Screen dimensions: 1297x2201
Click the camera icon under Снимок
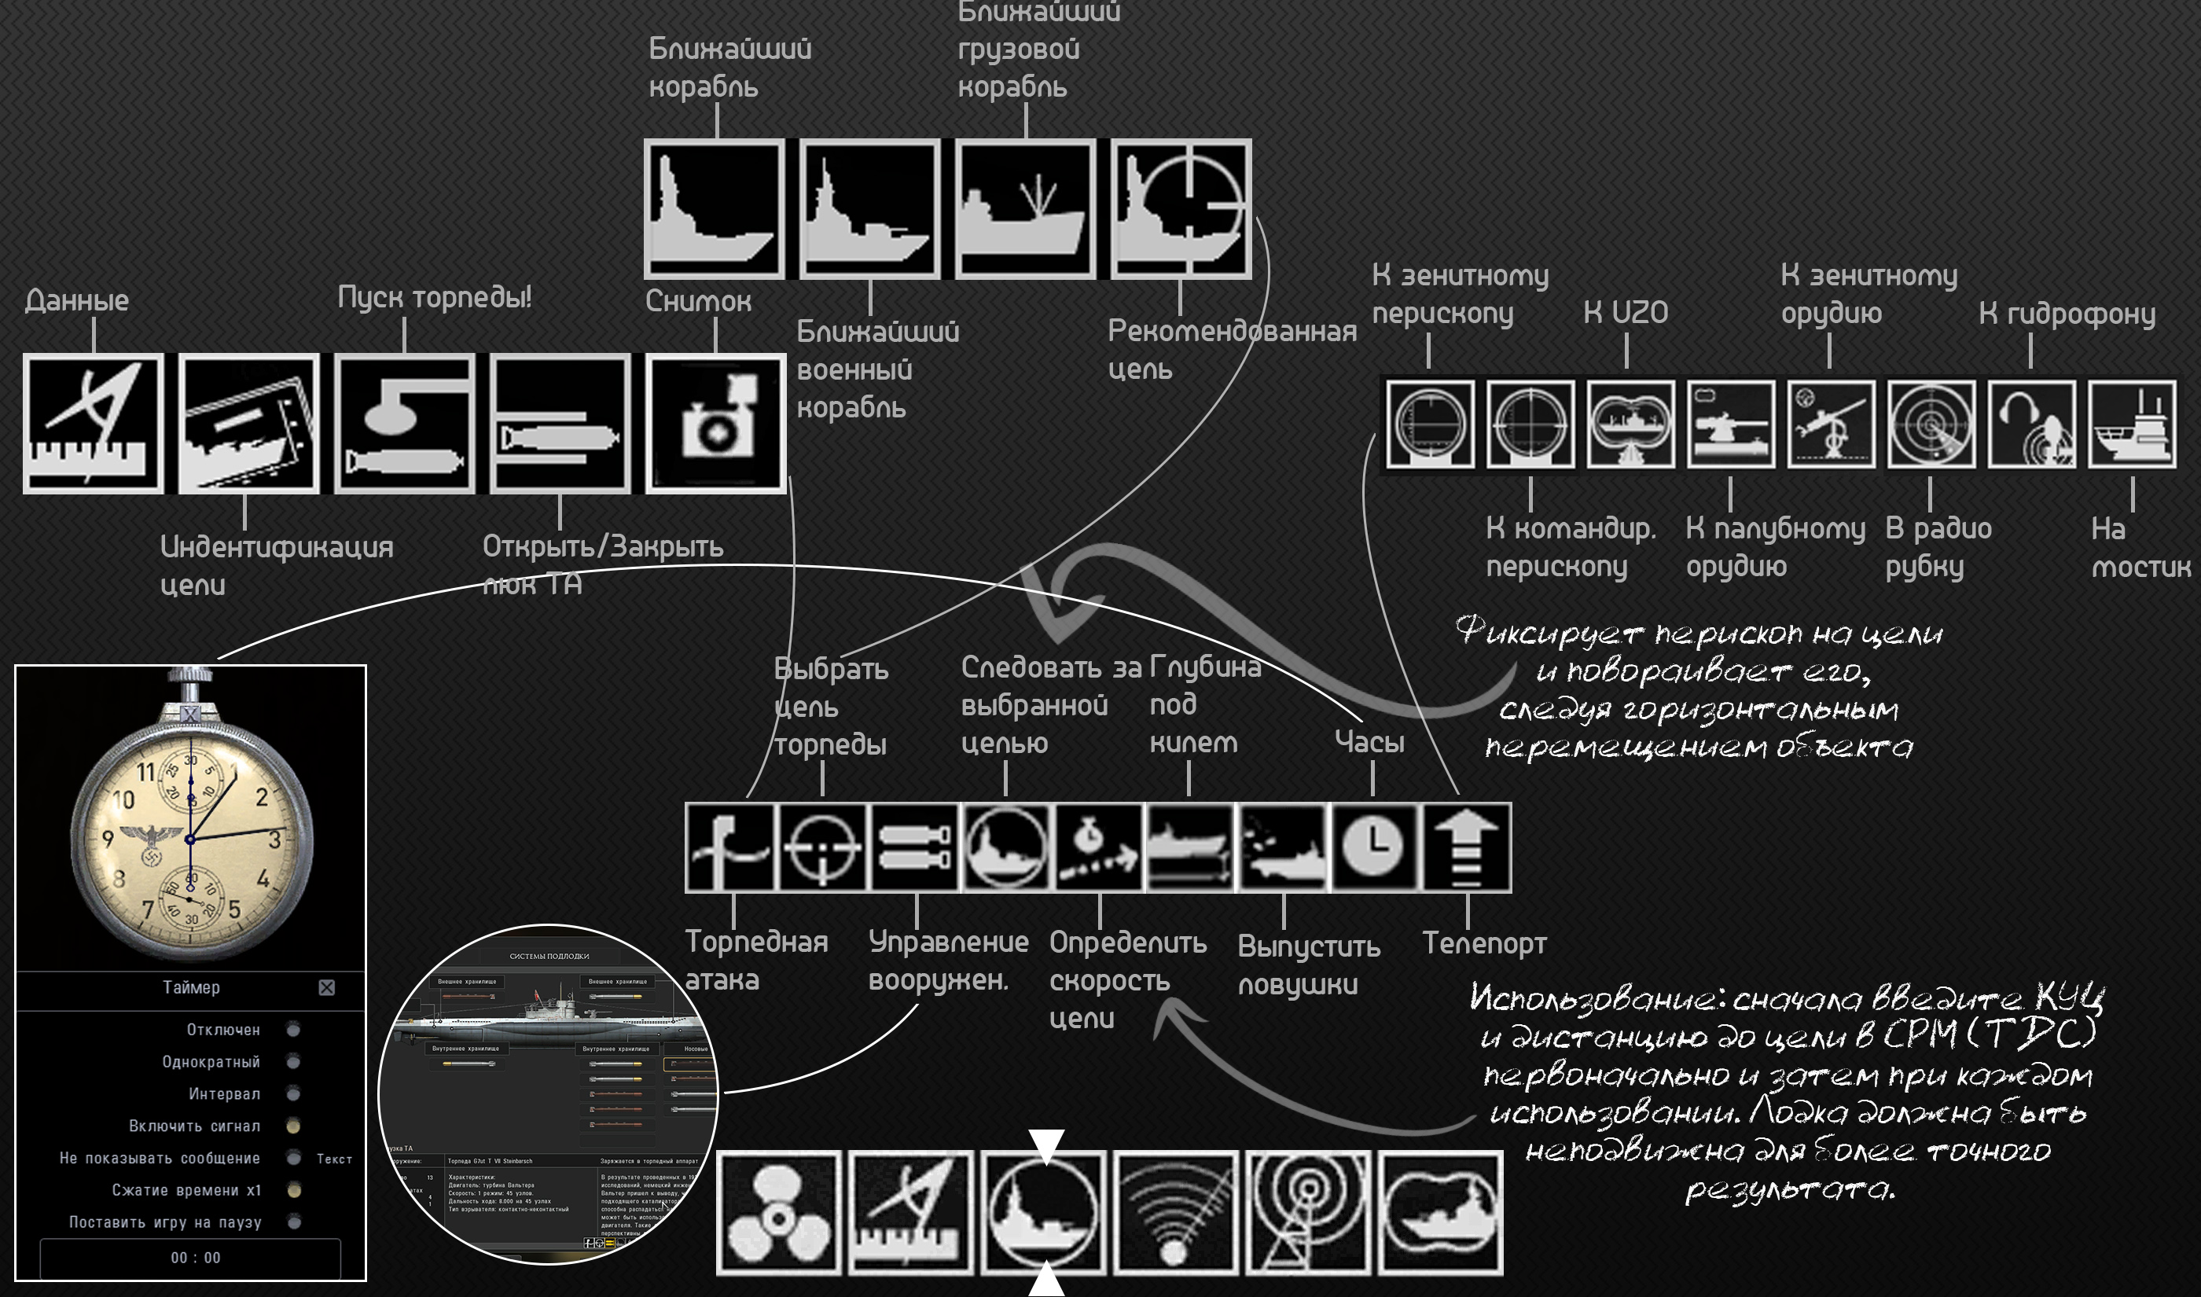coord(715,424)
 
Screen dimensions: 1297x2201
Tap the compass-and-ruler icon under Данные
coord(94,424)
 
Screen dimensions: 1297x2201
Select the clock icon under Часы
coord(1372,847)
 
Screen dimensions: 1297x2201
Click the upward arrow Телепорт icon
coord(1467,847)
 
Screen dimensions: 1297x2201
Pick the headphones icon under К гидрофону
coord(2031,424)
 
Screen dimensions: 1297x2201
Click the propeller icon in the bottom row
coord(778,1212)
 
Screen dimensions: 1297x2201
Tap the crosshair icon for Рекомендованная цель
coord(1181,209)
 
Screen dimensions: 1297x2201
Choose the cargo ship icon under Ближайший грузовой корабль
coord(1026,209)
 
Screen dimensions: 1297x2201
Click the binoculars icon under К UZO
coord(1630,424)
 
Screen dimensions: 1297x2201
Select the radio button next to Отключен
coord(293,1030)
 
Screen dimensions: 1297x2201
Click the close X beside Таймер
coord(327,987)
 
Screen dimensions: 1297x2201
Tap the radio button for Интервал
coord(293,1093)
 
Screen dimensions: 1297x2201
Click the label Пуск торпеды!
coord(434,297)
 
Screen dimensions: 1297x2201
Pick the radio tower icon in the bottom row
coord(1308,1212)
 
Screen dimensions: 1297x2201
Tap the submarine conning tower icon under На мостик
coord(2132,424)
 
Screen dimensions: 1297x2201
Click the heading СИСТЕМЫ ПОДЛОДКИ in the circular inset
coord(549,956)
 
